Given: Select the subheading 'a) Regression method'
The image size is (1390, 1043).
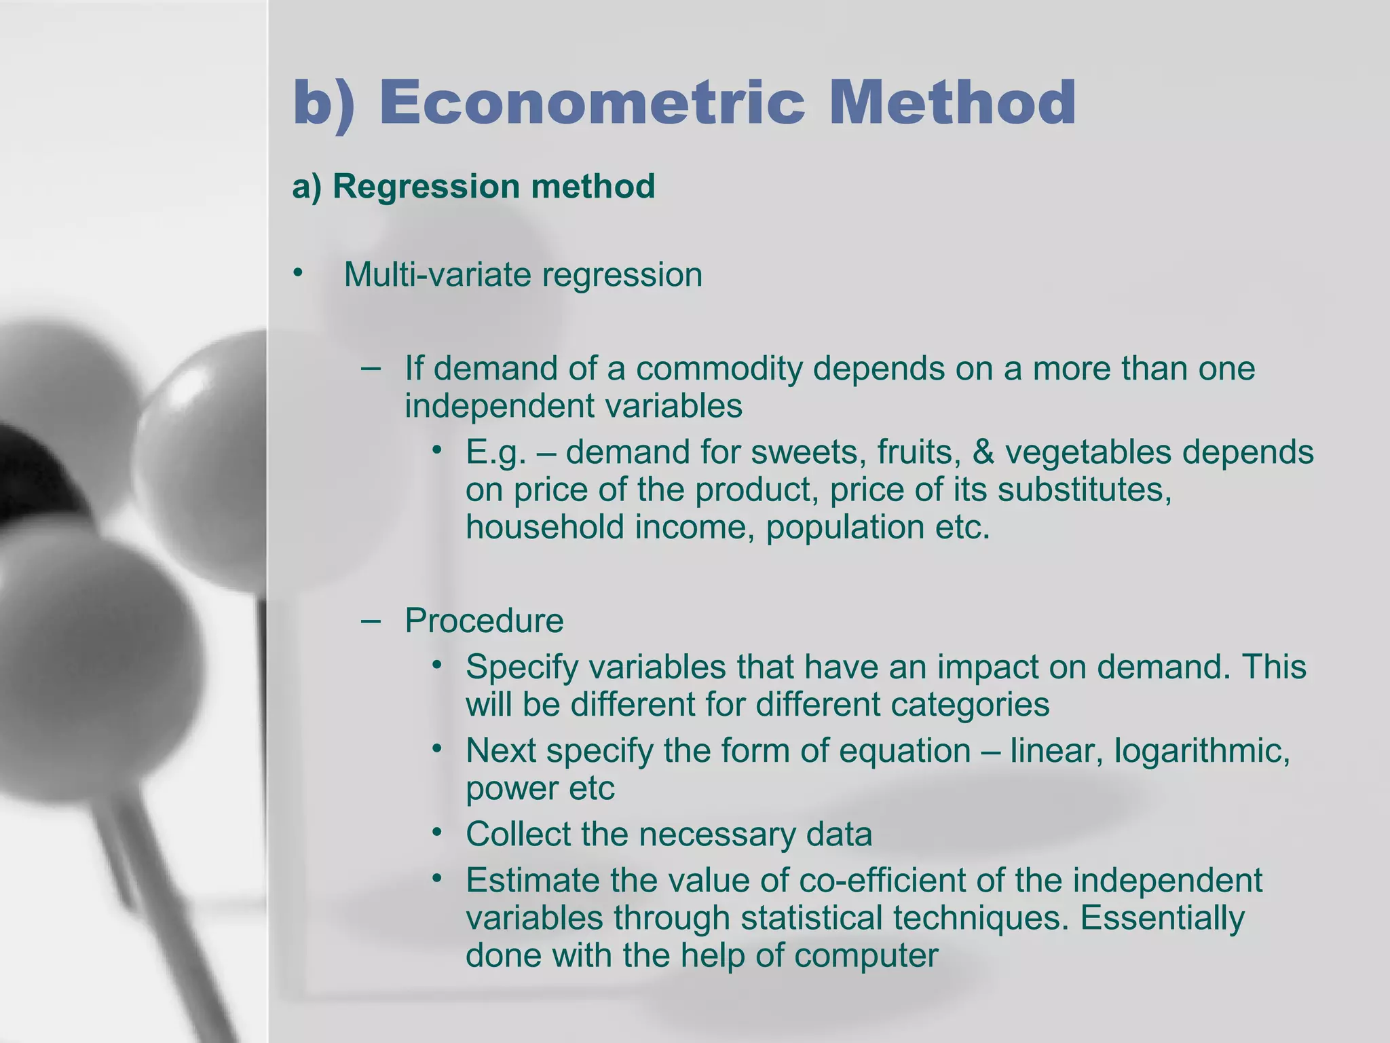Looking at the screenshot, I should [x=473, y=186].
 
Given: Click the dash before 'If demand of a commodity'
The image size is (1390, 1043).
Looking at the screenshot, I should [x=371, y=368].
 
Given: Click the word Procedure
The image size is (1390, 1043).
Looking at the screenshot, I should [x=484, y=621].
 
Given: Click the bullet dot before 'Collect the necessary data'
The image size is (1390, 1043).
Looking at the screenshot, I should [x=437, y=832].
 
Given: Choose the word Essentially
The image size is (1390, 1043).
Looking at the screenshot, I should [x=1162, y=918].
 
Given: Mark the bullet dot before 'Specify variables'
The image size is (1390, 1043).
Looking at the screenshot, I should [x=437, y=665].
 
